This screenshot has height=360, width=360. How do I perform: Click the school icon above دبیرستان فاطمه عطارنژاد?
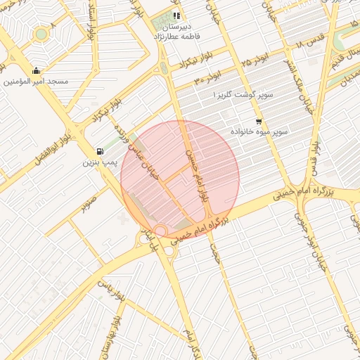pos(176,15)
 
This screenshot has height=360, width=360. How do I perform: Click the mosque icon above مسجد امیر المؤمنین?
pos(36,70)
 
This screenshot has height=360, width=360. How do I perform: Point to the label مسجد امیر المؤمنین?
pos(36,82)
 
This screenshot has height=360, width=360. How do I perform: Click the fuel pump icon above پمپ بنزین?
pos(99,152)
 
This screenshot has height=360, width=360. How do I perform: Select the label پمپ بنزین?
pos(99,163)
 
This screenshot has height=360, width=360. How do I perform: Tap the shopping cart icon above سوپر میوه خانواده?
pos(259,122)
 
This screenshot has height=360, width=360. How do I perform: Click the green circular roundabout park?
pos(41,34)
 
